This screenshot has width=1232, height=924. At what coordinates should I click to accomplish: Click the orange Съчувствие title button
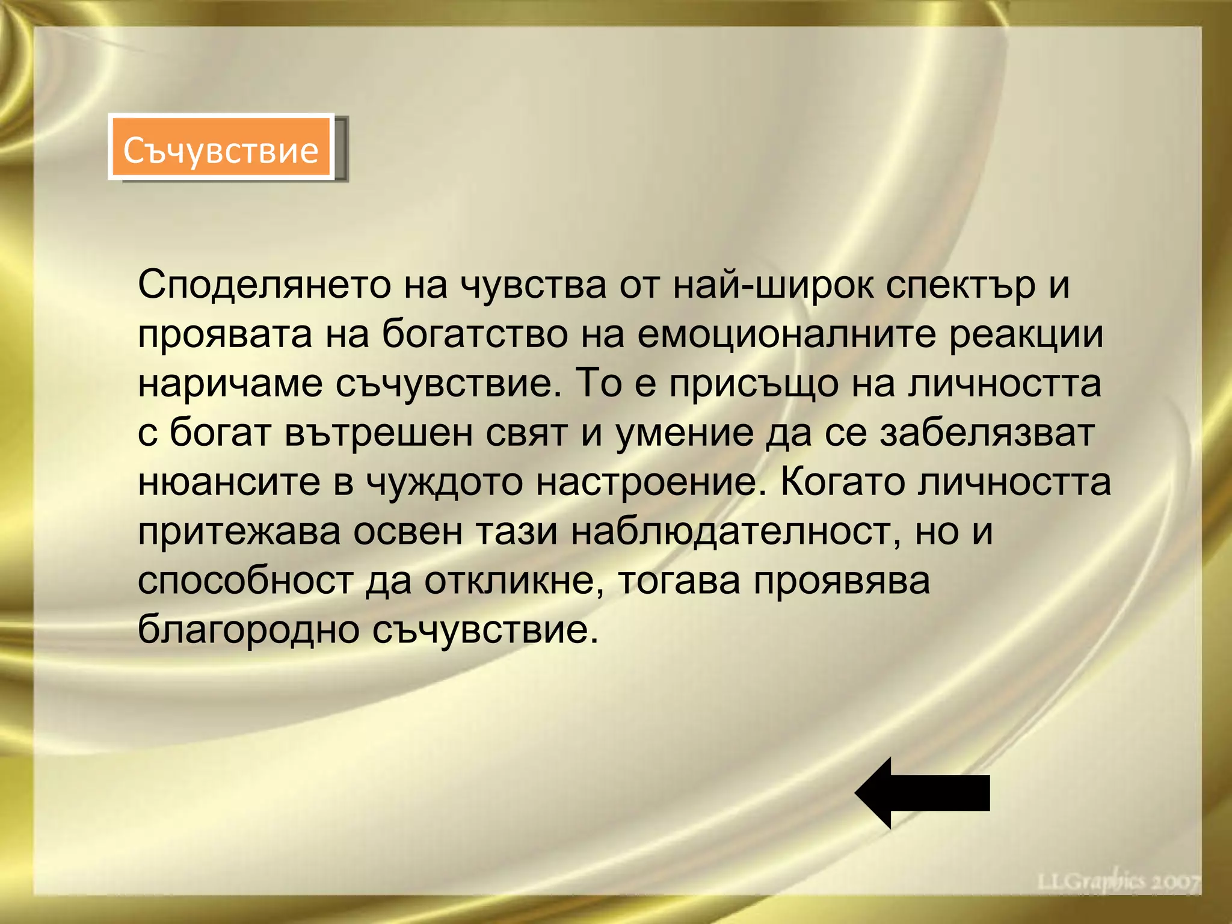221,148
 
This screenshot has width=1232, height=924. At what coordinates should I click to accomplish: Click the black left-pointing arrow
922,793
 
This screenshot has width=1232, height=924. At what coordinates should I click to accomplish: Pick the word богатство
475,335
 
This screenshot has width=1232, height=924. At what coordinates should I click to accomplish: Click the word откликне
509,582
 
